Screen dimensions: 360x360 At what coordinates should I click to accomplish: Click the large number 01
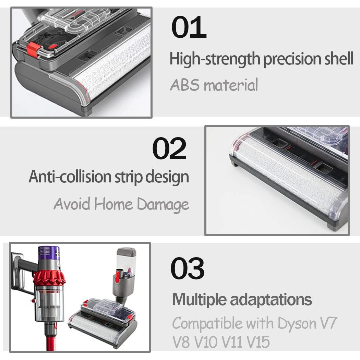pos(189,27)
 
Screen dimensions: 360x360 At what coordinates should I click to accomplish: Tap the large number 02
pos(169,148)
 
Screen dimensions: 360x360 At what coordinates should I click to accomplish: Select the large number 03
pos(187,268)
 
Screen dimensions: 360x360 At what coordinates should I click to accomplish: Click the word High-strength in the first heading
pos(215,59)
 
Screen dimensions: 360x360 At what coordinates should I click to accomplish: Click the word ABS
pos(185,85)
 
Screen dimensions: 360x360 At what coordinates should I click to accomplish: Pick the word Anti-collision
pos(70,177)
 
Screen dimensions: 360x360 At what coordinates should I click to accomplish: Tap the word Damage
pos(163,204)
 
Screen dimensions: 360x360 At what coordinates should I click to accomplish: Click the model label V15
pos(258,342)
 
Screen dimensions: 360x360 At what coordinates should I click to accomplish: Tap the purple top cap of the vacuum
pos(49,253)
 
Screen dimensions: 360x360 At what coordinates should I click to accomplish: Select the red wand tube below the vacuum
pos(51,342)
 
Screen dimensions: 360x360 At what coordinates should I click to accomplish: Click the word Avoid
pos(72,204)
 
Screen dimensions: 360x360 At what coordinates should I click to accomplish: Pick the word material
pos(231,85)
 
